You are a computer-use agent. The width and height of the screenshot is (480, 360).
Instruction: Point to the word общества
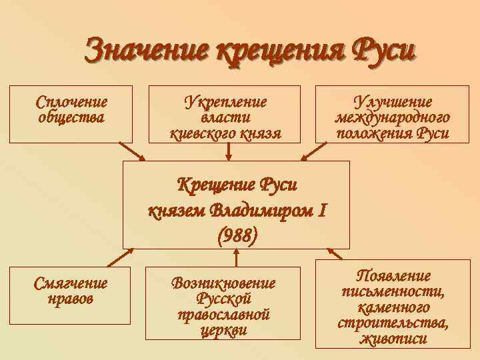click(71, 118)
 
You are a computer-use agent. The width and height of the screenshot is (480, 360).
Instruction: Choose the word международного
click(391, 118)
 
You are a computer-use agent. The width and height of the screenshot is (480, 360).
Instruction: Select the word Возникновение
click(224, 283)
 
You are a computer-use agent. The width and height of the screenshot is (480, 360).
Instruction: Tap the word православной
click(224, 314)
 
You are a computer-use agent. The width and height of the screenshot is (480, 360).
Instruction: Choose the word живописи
click(393, 339)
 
